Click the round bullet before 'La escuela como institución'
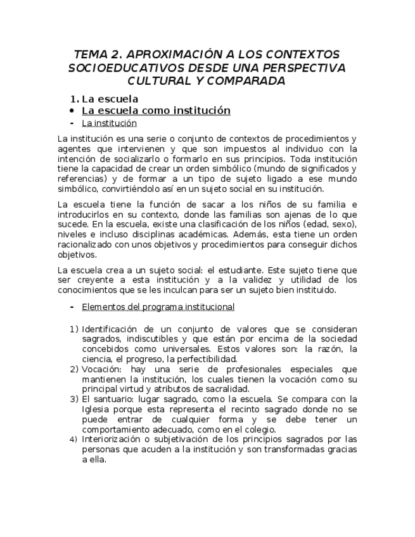point(72,111)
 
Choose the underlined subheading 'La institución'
point(109,123)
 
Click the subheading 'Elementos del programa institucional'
point(158,307)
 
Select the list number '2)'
point(74,369)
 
